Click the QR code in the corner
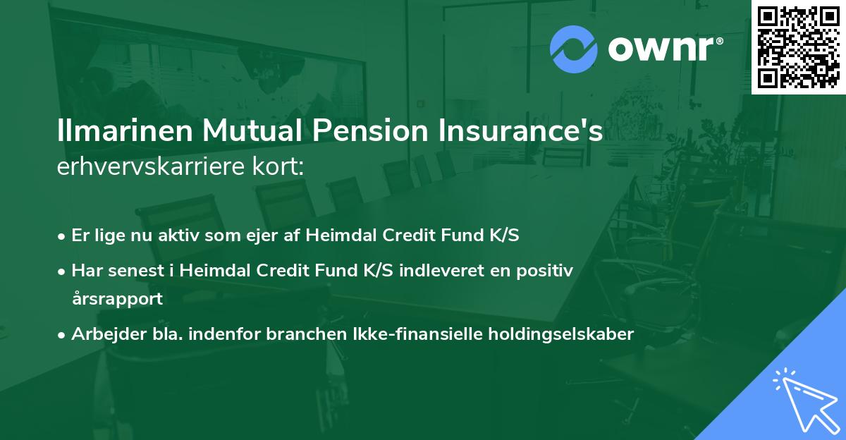pyautogui.click(x=798, y=47)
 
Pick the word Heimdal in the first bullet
pyautogui.click(x=336, y=235)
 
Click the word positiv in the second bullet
pyautogui.click(x=547, y=270)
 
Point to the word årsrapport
pyautogui.click(x=117, y=298)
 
